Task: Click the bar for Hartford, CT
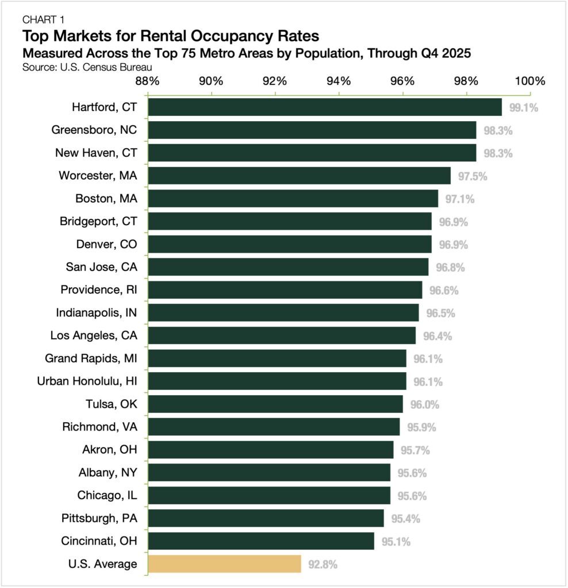(x=325, y=107)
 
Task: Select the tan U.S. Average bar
(x=224, y=564)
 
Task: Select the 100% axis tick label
(x=529, y=80)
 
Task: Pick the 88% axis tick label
(x=148, y=80)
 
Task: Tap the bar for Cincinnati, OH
(x=261, y=541)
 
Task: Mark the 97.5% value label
(x=472, y=176)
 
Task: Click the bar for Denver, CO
(x=290, y=244)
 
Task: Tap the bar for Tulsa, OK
(x=275, y=404)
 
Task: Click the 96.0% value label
(x=424, y=404)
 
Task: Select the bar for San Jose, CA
(x=288, y=267)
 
